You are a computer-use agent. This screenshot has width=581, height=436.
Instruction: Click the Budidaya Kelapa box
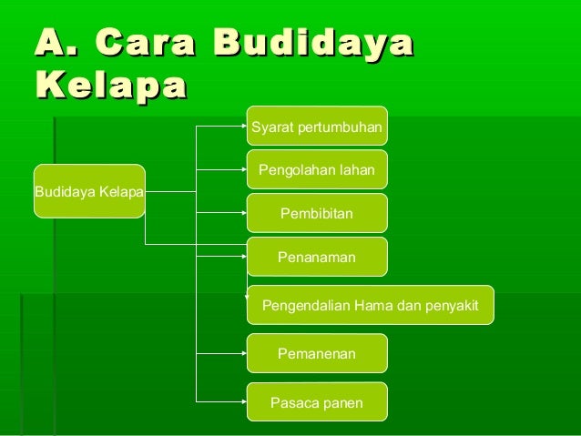tap(89, 191)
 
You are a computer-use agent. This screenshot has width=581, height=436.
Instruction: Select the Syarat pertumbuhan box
tap(317, 127)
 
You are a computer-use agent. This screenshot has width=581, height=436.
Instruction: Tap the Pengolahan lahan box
tap(317, 169)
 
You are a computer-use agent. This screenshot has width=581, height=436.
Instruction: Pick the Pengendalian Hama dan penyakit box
tap(370, 305)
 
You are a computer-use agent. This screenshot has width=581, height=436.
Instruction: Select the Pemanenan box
tap(317, 353)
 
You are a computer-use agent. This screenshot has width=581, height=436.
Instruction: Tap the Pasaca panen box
tap(317, 401)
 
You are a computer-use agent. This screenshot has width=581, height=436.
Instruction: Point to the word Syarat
tap(270, 127)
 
